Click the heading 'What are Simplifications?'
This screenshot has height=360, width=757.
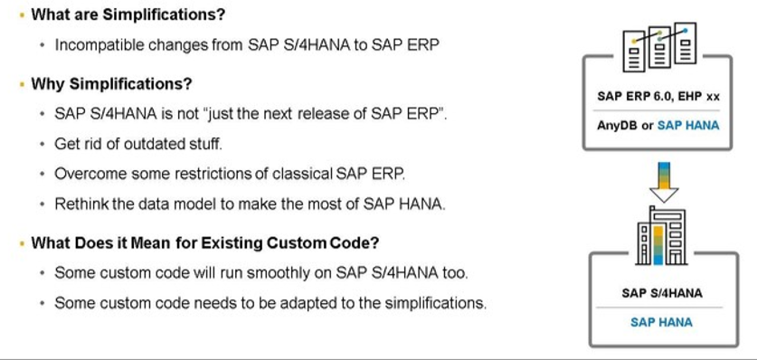[128, 16]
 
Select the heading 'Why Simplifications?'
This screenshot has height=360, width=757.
[111, 85]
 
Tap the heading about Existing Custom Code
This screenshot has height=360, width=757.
[204, 242]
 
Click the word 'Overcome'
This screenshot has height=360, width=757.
[86, 174]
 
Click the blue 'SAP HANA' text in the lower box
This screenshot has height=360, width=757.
[662, 321]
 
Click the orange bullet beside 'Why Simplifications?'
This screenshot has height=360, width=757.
[21, 85]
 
